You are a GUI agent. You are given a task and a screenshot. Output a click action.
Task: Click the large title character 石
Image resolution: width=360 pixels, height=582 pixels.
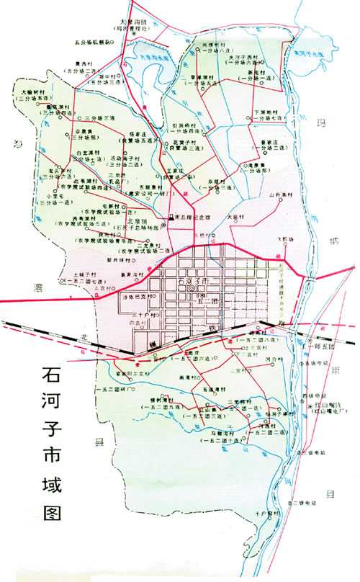click(x=52, y=377)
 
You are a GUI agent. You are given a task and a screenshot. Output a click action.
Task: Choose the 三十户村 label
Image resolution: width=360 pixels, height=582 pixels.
click(x=125, y=315)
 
